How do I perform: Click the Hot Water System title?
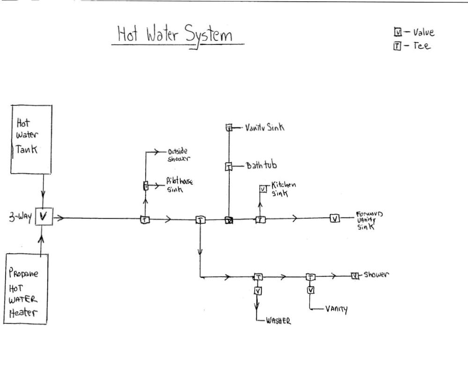(x=175, y=36)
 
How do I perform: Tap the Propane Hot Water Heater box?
(x=26, y=289)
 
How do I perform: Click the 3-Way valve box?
(x=44, y=217)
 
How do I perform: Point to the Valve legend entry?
(x=415, y=32)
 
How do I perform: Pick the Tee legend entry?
(x=412, y=46)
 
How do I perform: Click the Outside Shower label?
(x=178, y=155)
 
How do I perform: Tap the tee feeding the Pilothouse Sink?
(x=145, y=186)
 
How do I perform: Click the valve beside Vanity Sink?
(x=229, y=127)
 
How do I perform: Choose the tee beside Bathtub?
(x=229, y=166)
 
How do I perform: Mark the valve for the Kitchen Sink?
(x=263, y=189)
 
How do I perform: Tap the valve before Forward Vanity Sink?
(x=335, y=218)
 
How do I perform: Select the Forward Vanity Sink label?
(x=369, y=220)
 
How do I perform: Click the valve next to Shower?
(x=355, y=276)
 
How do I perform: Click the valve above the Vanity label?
(x=311, y=290)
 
